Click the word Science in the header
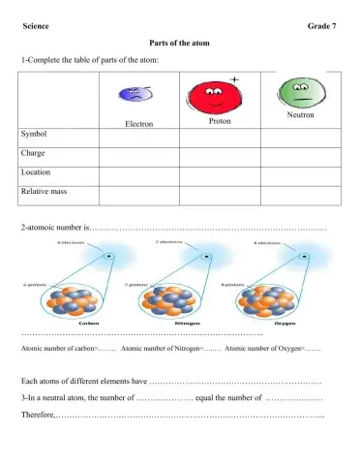click(36, 25)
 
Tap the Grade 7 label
click(323, 25)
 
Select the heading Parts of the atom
click(180, 45)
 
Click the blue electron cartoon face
click(135, 95)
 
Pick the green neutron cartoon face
click(300, 93)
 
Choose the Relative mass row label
click(44, 192)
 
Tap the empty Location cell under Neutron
click(301, 172)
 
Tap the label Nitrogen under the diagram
click(173, 323)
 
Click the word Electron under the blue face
click(138, 124)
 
